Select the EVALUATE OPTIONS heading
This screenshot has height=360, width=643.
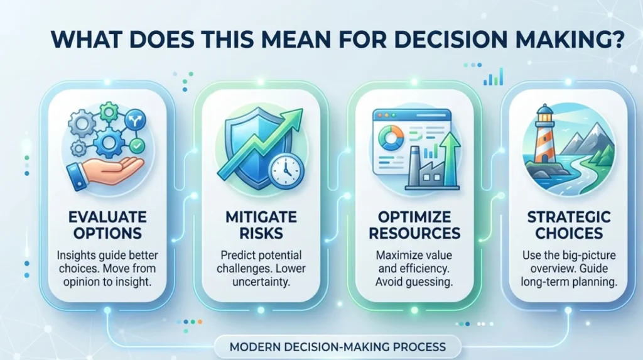(x=107, y=225)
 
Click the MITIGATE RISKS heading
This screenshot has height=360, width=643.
(x=261, y=225)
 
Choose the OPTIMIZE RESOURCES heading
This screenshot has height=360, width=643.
(x=414, y=225)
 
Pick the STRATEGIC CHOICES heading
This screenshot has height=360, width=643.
(x=569, y=225)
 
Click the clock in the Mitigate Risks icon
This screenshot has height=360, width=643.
(x=286, y=171)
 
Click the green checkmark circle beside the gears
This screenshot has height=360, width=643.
(x=136, y=145)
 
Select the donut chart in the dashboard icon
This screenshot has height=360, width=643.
(x=391, y=138)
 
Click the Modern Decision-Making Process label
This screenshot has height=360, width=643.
(x=337, y=347)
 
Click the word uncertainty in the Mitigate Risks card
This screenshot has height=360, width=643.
(x=261, y=282)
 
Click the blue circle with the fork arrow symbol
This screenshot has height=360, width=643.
(x=135, y=120)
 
